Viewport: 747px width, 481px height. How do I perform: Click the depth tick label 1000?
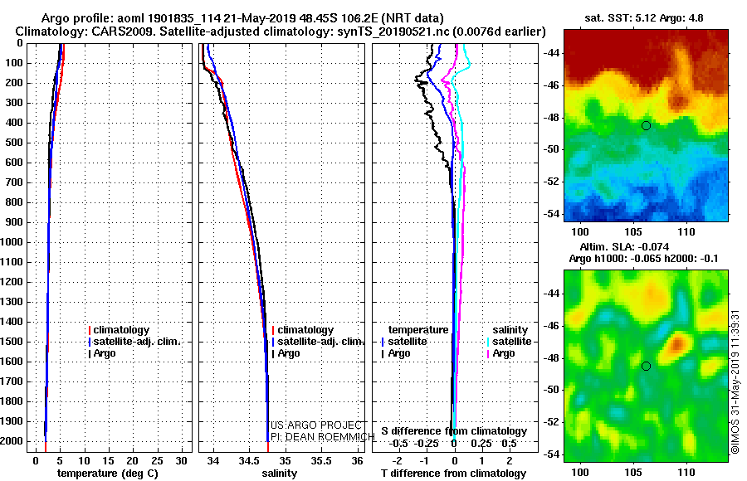tap(12, 242)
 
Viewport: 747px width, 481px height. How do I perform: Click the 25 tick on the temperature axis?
tap(157, 460)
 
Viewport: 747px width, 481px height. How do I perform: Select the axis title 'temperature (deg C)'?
tap(108, 474)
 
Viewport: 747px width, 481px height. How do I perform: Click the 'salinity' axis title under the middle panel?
tap(279, 474)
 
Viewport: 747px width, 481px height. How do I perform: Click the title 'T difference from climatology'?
tap(453, 474)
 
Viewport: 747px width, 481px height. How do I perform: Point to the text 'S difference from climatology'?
tap(454, 431)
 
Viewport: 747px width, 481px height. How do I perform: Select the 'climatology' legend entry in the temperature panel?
tap(119, 330)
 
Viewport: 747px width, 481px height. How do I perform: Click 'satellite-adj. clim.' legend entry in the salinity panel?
tap(318, 342)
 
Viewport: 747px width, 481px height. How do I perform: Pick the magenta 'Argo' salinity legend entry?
tap(500, 353)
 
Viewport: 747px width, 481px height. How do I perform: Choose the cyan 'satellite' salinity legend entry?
tap(509, 342)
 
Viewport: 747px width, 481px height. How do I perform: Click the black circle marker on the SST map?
tap(646, 126)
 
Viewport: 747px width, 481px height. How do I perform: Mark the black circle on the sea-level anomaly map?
tap(646, 367)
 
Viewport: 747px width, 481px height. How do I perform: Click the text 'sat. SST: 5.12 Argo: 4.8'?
tap(643, 18)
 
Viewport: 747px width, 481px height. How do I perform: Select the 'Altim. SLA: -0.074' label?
tap(624, 246)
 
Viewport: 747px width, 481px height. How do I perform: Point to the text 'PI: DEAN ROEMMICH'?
tap(323, 437)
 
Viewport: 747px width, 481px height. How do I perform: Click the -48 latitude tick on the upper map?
tap(551, 118)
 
